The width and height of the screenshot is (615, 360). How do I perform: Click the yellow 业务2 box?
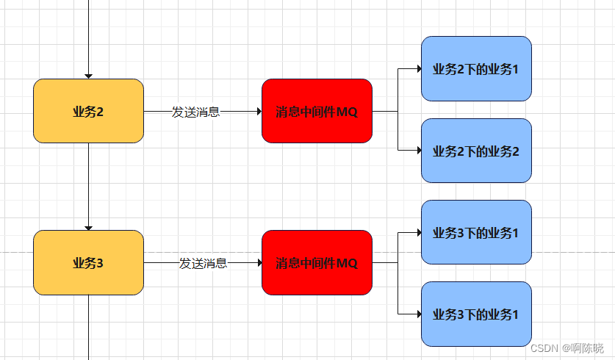point(88,111)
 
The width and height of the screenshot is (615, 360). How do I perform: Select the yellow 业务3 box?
point(88,262)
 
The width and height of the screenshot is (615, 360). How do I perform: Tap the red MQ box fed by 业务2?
point(317,111)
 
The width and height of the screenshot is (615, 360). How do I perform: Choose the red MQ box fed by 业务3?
point(317,262)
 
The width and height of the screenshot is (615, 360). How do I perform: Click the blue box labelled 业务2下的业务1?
point(476,69)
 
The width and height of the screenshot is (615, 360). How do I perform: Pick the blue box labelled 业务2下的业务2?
point(476,151)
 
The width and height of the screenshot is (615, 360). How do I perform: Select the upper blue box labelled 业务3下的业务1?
point(476,232)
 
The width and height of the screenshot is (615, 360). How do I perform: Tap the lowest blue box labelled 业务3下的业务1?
point(476,314)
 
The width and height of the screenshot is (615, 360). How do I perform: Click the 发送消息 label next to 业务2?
point(195,112)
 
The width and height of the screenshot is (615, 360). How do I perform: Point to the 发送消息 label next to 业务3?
point(203,263)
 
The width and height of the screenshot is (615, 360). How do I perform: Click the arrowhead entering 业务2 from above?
point(88,76)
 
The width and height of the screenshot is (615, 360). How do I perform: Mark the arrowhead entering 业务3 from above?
point(88,227)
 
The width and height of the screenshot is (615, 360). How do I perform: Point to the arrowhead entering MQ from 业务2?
point(258,111)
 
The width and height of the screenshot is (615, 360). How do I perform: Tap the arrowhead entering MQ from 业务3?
point(258,262)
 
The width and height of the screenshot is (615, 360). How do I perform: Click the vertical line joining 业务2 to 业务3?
point(88,184)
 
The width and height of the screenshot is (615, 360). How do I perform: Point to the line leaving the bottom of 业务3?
point(88,327)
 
